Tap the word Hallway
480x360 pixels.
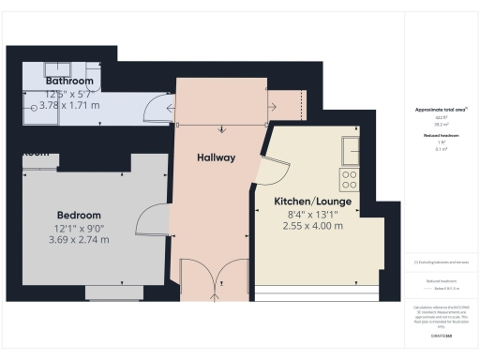(x=216, y=157)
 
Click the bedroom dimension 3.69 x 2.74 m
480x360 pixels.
(x=78, y=239)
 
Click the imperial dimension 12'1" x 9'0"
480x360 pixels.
(x=78, y=227)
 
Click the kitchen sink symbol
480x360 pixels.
(x=351, y=149)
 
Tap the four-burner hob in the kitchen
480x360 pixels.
(x=350, y=179)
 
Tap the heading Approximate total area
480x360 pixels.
(x=440, y=110)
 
